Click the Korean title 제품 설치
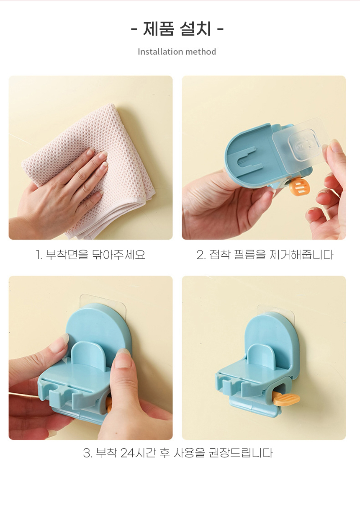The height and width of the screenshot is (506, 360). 177,28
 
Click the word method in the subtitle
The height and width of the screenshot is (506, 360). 201,52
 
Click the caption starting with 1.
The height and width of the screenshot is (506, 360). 90,255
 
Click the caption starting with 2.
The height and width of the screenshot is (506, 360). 265,255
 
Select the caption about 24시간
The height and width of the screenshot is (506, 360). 178,453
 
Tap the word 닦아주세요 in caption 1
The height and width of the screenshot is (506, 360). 119,255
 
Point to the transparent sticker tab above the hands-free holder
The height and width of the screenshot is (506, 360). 276,310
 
